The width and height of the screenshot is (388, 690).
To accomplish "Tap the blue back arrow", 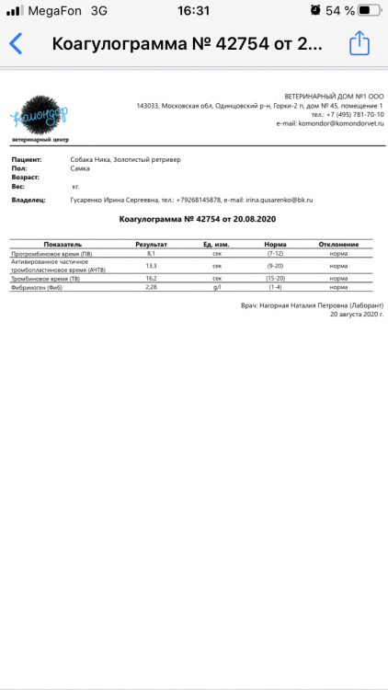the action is pos(16,44).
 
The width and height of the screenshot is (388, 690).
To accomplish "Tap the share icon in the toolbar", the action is pos(359,43).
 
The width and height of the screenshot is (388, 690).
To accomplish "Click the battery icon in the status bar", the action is pos(367,11).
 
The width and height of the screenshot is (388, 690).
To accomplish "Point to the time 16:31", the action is pos(193,11).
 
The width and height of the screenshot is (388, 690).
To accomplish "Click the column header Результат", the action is pos(150,244).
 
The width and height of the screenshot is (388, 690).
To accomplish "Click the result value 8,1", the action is pos(150,253).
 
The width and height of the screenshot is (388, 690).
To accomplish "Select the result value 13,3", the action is pos(150,265).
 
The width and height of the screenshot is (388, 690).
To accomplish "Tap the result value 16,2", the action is pos(150,278).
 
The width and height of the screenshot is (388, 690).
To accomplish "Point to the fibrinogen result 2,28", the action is pos(150,287).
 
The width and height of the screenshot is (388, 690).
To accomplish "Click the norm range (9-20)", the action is pos(274,265).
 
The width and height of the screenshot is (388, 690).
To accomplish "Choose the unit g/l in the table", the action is pos(218,287).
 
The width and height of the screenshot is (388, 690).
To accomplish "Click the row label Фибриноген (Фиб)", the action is pos(37,287).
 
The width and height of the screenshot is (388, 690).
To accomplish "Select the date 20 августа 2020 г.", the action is pos(356,314).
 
